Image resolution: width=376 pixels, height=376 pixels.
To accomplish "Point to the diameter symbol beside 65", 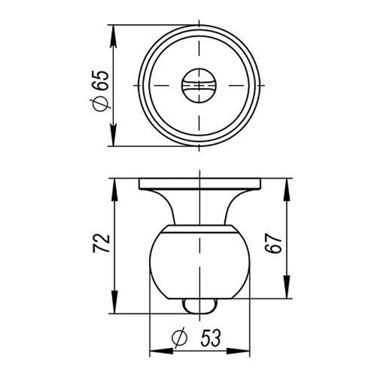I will (101, 104).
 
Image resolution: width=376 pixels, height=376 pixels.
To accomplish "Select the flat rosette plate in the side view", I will (200, 184).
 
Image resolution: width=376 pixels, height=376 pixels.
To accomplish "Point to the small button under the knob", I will (200, 306).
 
